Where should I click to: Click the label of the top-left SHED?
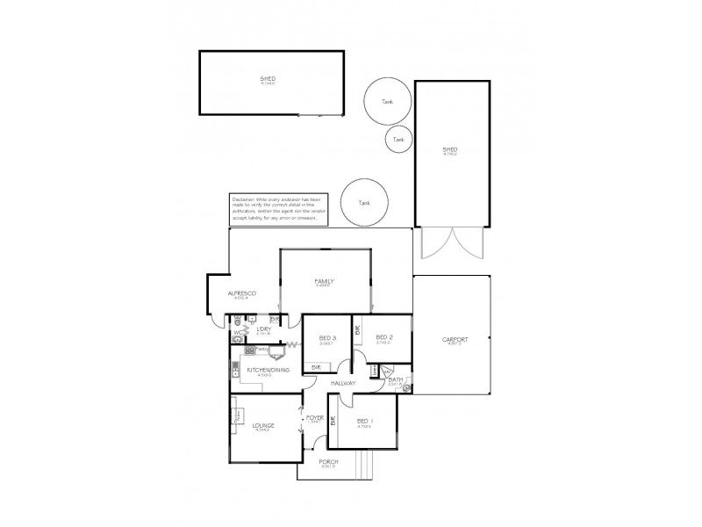(268, 80)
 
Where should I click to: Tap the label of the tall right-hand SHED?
(450, 150)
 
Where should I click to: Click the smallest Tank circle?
(398, 139)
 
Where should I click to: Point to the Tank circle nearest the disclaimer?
(363, 202)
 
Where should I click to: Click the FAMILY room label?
(324, 282)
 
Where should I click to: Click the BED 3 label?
(327, 337)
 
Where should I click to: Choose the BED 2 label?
(383, 337)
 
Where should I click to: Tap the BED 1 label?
(363, 422)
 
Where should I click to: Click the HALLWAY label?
(343, 384)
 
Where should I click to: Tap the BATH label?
(395, 380)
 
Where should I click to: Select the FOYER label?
(315, 418)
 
